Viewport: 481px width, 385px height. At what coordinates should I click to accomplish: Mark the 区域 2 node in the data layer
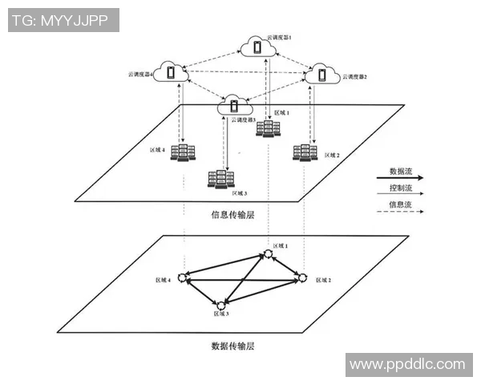(x=303, y=278)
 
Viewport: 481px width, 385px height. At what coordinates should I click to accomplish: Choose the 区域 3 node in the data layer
(x=220, y=304)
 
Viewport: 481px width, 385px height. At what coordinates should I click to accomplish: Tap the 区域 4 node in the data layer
(x=184, y=278)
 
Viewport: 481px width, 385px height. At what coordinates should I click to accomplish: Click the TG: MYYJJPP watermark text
(x=63, y=20)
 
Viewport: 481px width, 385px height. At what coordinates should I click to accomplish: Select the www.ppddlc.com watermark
(x=407, y=365)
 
